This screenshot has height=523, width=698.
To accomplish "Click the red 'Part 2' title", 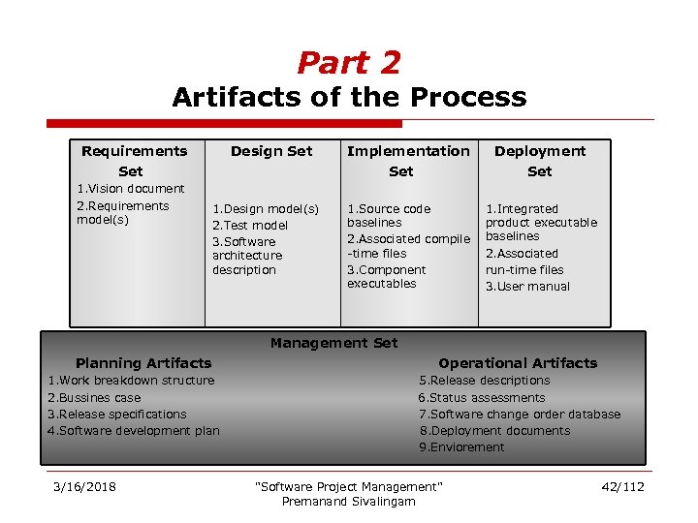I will (348, 63).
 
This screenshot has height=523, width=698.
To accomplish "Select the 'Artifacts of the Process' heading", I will (349, 98).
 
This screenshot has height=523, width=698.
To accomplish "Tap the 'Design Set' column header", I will (271, 151).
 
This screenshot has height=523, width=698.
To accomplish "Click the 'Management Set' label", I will (333, 343).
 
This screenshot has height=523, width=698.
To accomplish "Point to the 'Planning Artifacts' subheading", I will (143, 363).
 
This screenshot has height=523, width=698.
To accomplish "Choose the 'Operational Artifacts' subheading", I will (518, 363).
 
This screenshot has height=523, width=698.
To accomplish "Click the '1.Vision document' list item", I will (130, 189).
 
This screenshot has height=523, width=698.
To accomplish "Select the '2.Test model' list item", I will (250, 226).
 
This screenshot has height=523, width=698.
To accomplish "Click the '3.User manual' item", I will (527, 287).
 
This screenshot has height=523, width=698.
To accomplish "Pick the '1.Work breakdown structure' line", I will (131, 381).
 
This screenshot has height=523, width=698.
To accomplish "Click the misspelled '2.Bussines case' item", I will (94, 398).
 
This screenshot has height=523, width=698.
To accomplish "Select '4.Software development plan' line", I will (134, 431).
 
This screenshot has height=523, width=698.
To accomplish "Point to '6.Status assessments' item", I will (481, 398).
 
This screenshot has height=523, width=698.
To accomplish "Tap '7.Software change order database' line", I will (519, 415).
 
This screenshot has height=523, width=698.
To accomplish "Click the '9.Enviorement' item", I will (461, 447).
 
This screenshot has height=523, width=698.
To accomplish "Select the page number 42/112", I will (622, 486).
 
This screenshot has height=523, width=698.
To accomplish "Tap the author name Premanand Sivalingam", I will (347, 502).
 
